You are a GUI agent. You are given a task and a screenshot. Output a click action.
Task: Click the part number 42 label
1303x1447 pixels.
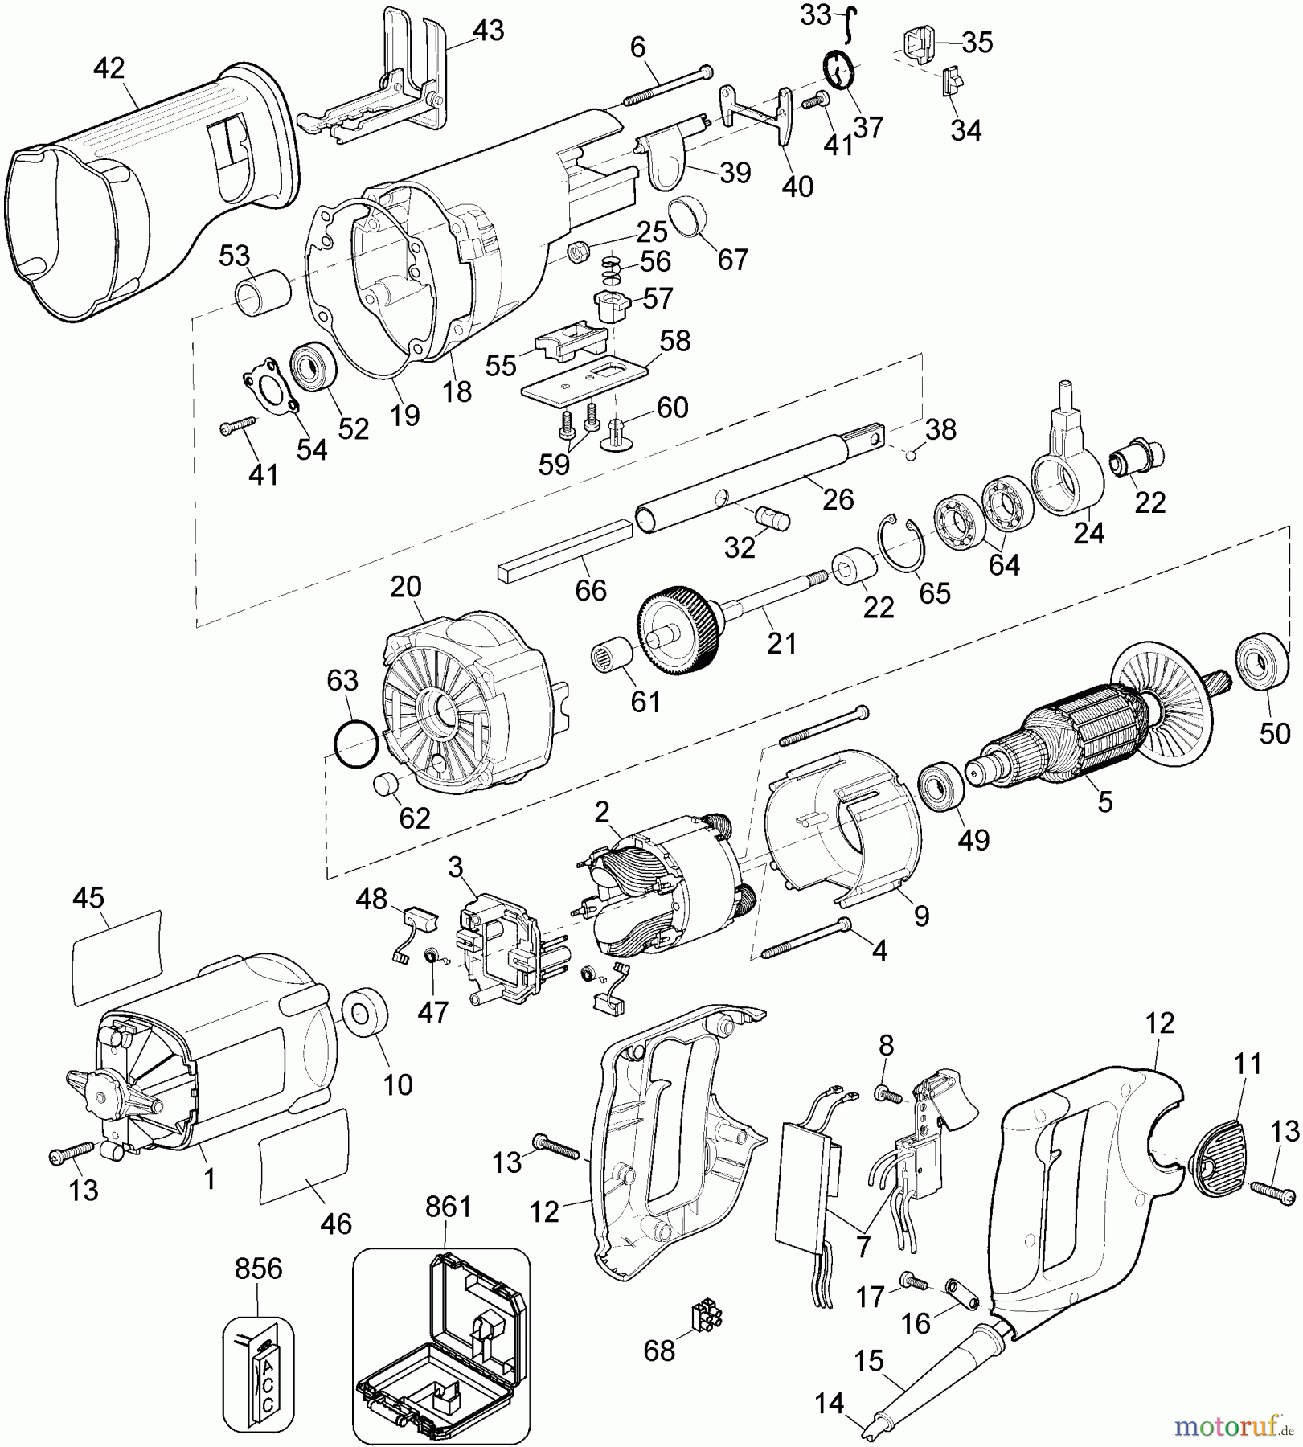[x=109, y=68]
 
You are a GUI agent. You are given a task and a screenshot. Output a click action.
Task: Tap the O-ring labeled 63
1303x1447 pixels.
[x=354, y=745]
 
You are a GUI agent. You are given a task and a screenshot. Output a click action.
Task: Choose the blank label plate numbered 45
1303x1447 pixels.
[x=117, y=957]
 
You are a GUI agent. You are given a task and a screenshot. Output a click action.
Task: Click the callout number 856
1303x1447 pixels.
[x=259, y=1268]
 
